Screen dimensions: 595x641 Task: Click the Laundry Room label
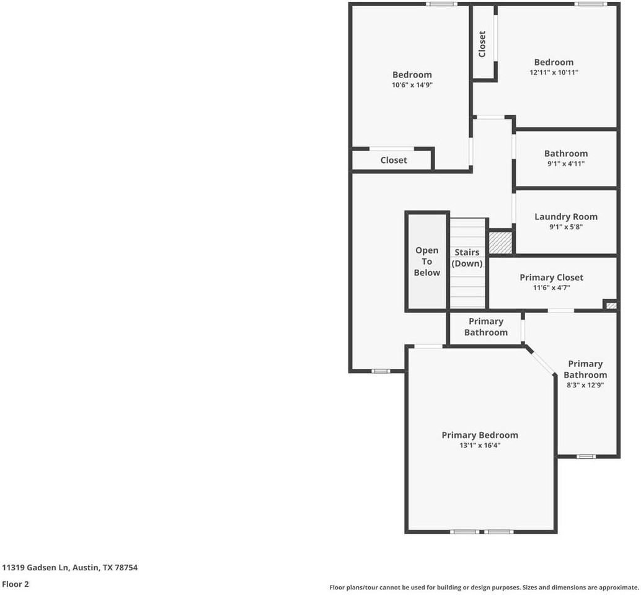point(565,216)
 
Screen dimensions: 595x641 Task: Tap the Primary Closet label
point(551,278)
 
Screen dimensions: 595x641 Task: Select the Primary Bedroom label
point(479,435)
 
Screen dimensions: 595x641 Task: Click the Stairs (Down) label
point(467,258)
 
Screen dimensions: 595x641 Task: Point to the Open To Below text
point(427,262)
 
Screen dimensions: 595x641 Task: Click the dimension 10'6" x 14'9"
point(412,86)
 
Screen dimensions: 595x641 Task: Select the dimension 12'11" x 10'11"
point(554,73)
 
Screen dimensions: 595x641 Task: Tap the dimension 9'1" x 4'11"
point(565,164)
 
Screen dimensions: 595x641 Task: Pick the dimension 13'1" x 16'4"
point(479,445)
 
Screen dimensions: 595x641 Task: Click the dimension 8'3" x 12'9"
point(585,385)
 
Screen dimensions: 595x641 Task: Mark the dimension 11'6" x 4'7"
point(551,288)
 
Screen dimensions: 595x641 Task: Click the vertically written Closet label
point(482,44)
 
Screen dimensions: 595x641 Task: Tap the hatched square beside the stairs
point(500,242)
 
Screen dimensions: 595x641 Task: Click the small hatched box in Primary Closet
point(611,305)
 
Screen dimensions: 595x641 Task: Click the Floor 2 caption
point(15,584)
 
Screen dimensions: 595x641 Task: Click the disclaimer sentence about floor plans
point(484,587)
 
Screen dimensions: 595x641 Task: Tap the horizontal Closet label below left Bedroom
point(394,160)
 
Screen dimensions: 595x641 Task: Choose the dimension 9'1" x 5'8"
point(565,227)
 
